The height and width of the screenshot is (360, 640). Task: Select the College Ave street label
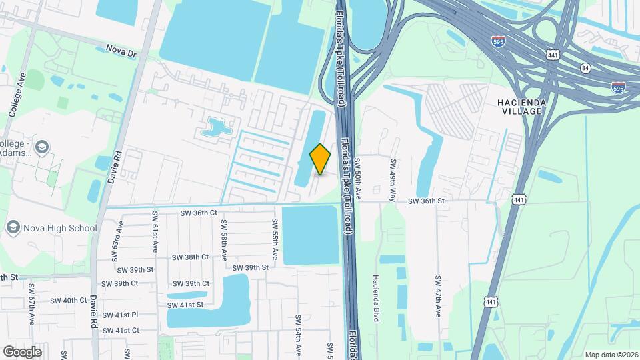point(17,95)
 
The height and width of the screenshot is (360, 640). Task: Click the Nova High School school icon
point(13,228)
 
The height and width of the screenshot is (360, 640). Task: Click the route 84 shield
point(585,67)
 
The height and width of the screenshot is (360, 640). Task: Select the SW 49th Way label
point(393,176)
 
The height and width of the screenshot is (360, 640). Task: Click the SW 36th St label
point(426,200)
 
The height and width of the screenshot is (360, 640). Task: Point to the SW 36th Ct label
point(199,213)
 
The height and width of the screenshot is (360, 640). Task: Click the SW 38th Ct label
point(190,257)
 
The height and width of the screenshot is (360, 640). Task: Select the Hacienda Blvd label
point(376,298)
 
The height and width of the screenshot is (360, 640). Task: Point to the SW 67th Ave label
point(31,303)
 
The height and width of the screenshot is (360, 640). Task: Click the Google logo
point(22,351)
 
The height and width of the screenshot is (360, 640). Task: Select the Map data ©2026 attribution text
point(611,355)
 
